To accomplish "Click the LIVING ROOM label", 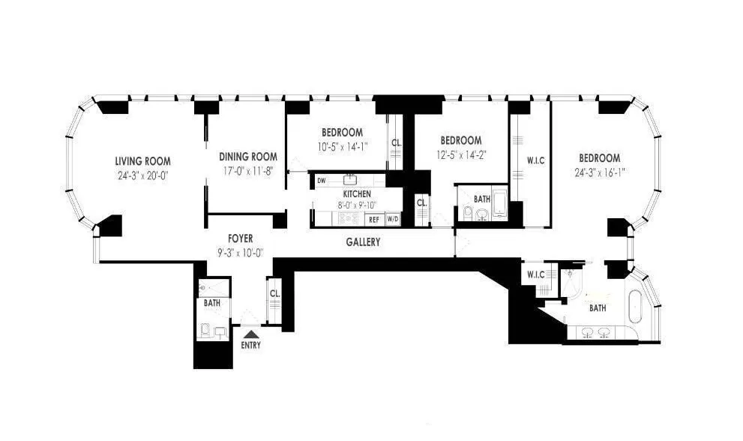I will (x=142, y=161).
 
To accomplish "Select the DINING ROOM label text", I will (x=248, y=157).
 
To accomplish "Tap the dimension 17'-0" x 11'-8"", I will (x=248, y=171).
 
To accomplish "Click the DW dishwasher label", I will (x=321, y=181).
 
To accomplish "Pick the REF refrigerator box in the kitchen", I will (x=373, y=220).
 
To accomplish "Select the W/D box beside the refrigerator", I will (x=392, y=220).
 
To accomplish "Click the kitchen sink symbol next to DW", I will (x=349, y=180).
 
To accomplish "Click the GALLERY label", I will (x=363, y=242).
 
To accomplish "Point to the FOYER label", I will (x=241, y=238).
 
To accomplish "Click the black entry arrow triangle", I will (x=250, y=334).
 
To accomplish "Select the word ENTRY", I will (x=250, y=346).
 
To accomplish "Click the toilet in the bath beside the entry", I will (x=206, y=329).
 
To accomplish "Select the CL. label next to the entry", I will (x=274, y=294).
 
